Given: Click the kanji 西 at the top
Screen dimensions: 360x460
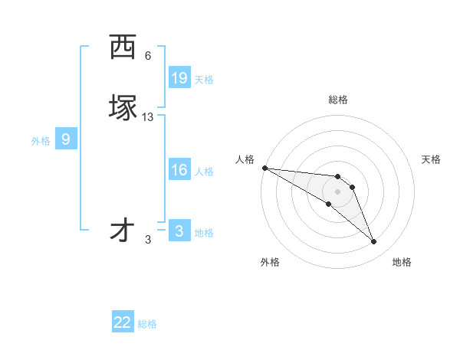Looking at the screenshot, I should [x=123, y=47].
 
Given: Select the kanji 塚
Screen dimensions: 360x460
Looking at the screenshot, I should [x=123, y=107].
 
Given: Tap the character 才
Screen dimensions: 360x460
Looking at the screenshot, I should [x=123, y=231].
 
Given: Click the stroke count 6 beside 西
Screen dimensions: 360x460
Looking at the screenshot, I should [x=148, y=56].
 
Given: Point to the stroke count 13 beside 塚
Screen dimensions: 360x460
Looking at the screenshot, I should [x=148, y=117].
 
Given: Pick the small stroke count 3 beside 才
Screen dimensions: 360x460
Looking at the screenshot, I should [x=148, y=240].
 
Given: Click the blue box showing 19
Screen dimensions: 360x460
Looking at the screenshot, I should [x=179, y=78].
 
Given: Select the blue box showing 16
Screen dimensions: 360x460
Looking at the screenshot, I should [x=179, y=170].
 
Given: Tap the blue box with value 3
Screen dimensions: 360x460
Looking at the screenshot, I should [x=179, y=231].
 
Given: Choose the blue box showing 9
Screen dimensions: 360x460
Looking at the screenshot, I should [x=66, y=139].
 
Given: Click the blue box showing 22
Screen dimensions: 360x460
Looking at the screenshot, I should [x=123, y=322].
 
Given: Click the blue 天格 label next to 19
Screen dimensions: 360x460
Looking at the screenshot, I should [x=204, y=80].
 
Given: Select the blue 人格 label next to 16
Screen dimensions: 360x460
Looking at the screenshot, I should [x=204, y=172].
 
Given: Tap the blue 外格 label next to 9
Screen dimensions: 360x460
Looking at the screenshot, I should [x=41, y=141].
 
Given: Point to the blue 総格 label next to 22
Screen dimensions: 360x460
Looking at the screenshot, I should [x=147, y=324].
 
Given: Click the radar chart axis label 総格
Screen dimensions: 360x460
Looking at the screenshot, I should [x=338, y=100].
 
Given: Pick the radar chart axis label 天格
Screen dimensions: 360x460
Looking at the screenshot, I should [x=432, y=159].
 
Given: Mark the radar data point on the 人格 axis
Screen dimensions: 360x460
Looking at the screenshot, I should [x=264, y=168].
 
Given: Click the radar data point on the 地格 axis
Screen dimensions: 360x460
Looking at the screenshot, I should [x=374, y=242].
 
